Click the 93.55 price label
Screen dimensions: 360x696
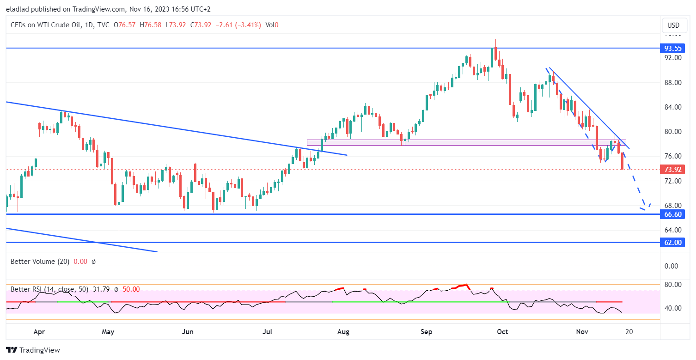673,48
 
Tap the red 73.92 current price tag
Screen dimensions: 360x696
673,169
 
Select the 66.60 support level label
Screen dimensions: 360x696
673,214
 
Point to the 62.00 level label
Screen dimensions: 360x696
673,242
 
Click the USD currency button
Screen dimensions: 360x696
673,25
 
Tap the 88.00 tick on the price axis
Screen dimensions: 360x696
672,83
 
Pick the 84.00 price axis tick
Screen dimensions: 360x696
672,107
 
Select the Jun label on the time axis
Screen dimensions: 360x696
188,331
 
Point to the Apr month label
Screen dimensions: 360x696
39,331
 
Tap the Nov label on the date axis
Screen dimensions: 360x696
582,331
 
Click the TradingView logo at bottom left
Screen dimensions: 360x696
33,350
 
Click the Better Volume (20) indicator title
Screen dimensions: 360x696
40,262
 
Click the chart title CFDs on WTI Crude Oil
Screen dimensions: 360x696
46,25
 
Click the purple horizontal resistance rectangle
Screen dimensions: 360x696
462,142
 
